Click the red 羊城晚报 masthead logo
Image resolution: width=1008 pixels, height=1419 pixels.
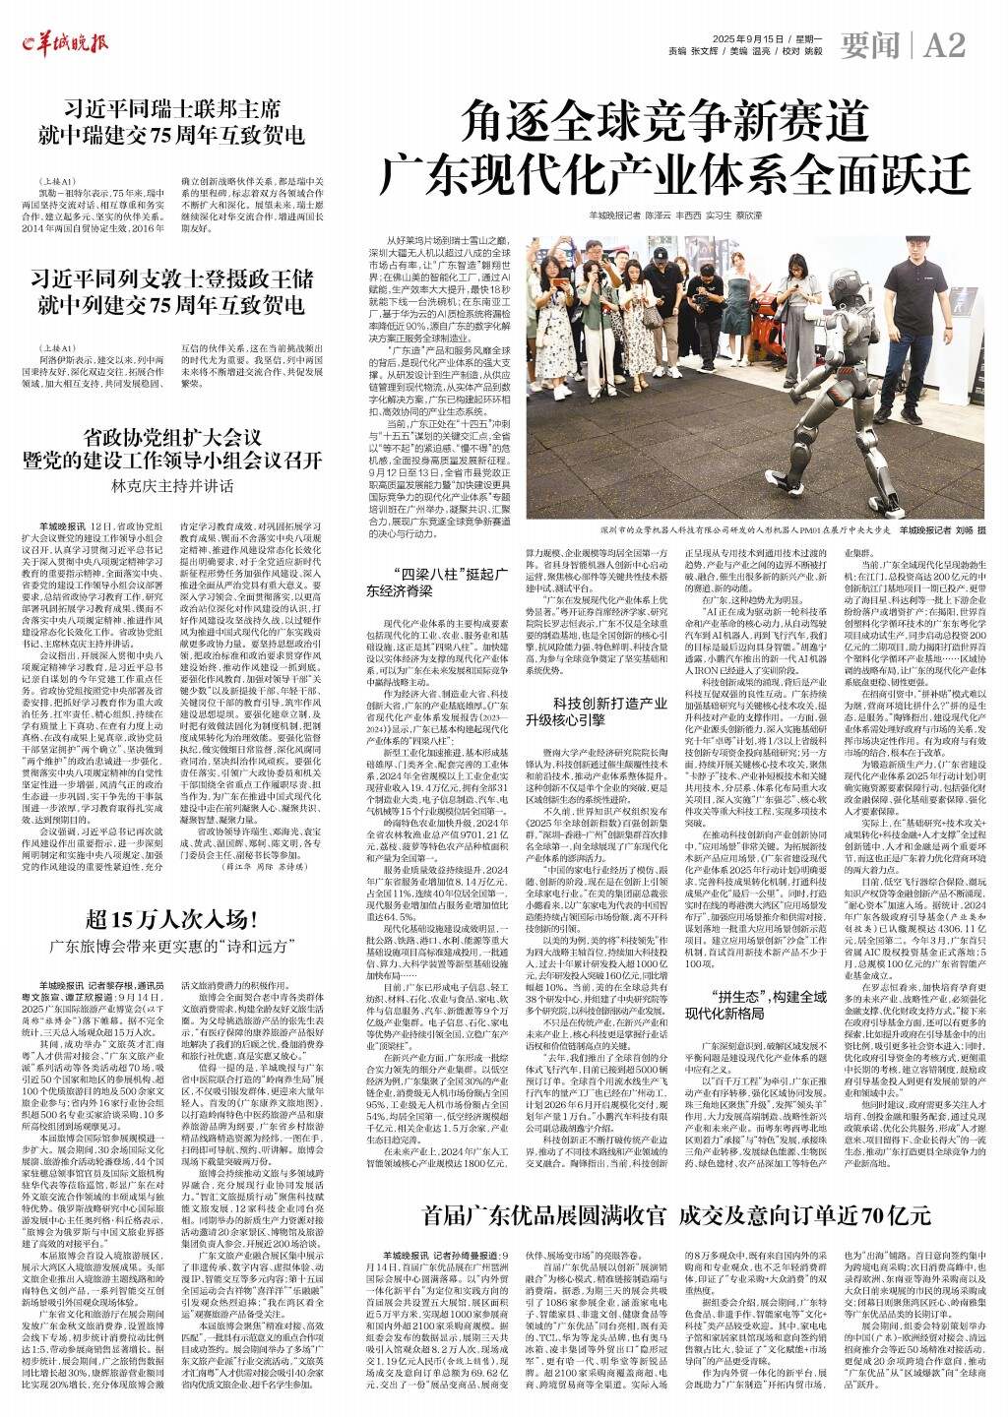58,41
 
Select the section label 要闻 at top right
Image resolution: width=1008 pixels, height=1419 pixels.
872,44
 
